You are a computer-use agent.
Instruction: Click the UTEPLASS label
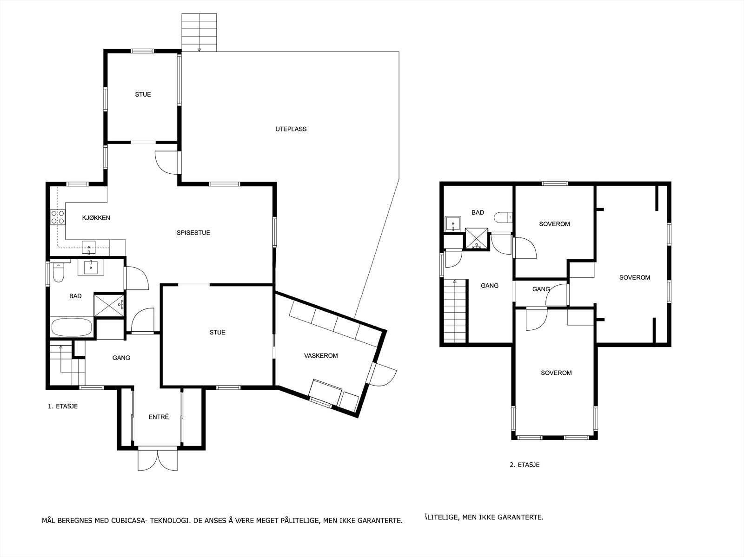[291, 129]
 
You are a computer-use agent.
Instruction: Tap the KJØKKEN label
[96, 218]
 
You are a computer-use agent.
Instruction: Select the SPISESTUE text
[193, 233]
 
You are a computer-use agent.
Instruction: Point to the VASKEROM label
[321, 355]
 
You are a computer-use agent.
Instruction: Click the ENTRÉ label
[159, 417]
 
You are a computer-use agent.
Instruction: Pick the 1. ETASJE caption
[63, 406]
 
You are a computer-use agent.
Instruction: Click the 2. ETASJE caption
[525, 465]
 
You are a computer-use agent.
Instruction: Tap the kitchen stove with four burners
[58, 217]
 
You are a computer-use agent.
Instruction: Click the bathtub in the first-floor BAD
[72, 327]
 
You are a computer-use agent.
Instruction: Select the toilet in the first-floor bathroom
[58, 273]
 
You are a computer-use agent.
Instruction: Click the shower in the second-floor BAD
[477, 238]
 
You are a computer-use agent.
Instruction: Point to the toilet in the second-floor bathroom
[503, 217]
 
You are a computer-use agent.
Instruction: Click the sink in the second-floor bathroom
[453, 223]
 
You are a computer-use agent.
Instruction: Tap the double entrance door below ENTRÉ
[158, 459]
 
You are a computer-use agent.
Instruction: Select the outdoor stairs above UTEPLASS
[199, 33]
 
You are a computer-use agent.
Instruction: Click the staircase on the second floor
[455, 311]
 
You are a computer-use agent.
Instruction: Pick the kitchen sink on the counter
[89, 247]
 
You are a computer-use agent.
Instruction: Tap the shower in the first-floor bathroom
[109, 305]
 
